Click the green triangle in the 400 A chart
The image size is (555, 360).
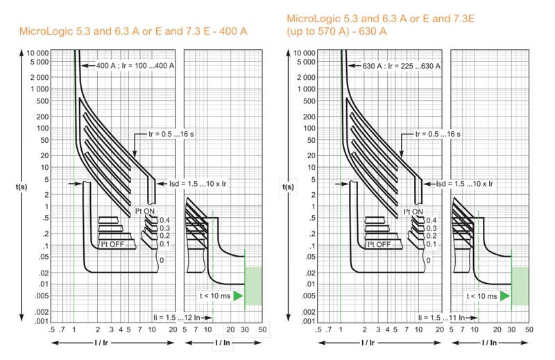point(238,296)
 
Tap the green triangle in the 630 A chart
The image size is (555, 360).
point(504,296)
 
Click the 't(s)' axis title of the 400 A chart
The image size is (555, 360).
point(22,186)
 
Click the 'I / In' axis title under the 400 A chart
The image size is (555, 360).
point(222,343)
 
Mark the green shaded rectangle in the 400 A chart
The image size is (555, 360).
point(253,286)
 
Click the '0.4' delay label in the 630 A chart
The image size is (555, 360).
point(432,220)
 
